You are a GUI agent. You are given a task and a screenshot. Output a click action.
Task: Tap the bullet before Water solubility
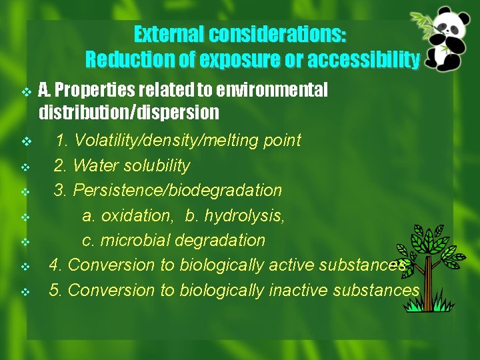(x=26, y=167)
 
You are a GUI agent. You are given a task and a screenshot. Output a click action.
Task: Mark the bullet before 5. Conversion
(x=26, y=291)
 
